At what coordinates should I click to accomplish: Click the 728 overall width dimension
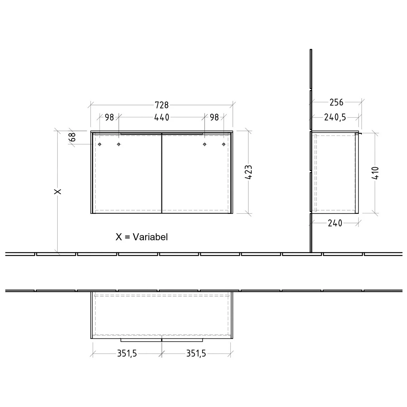click(x=162, y=105)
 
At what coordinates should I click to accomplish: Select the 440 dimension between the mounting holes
click(x=162, y=117)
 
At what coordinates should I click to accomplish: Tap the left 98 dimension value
click(x=109, y=117)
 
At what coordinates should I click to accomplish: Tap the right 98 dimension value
click(x=214, y=117)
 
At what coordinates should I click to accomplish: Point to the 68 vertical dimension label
click(x=72, y=137)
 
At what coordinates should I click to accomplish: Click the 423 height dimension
click(x=249, y=172)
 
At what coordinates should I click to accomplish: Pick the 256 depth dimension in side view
click(x=336, y=102)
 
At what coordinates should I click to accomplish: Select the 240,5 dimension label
click(x=335, y=117)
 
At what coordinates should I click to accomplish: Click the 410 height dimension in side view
click(x=375, y=173)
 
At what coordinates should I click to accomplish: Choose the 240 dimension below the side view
click(x=335, y=223)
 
